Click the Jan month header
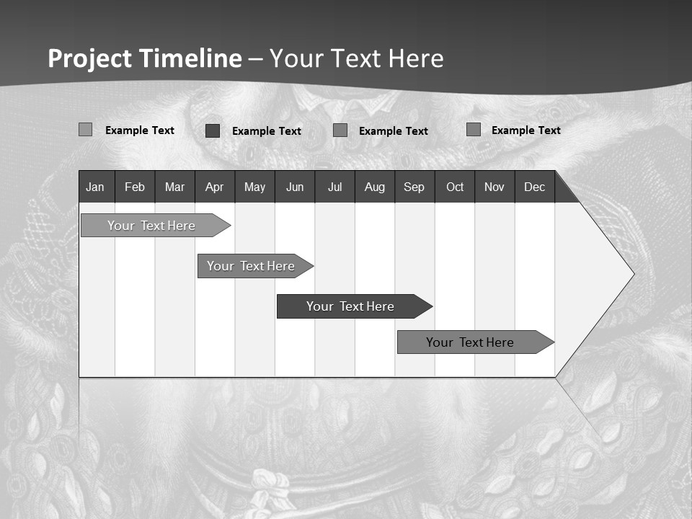click(95, 187)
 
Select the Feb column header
click(135, 187)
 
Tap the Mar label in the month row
click(174, 187)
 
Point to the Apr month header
click(214, 187)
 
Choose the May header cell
click(254, 187)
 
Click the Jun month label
click(295, 187)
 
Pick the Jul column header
click(334, 187)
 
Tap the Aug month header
click(375, 187)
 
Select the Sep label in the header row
click(414, 187)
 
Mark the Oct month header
click(455, 187)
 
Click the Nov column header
click(494, 187)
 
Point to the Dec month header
click(534, 187)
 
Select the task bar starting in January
click(151, 226)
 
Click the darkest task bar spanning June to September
click(350, 306)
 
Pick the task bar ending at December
click(470, 342)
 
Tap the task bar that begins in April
click(251, 266)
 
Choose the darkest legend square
click(213, 130)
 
